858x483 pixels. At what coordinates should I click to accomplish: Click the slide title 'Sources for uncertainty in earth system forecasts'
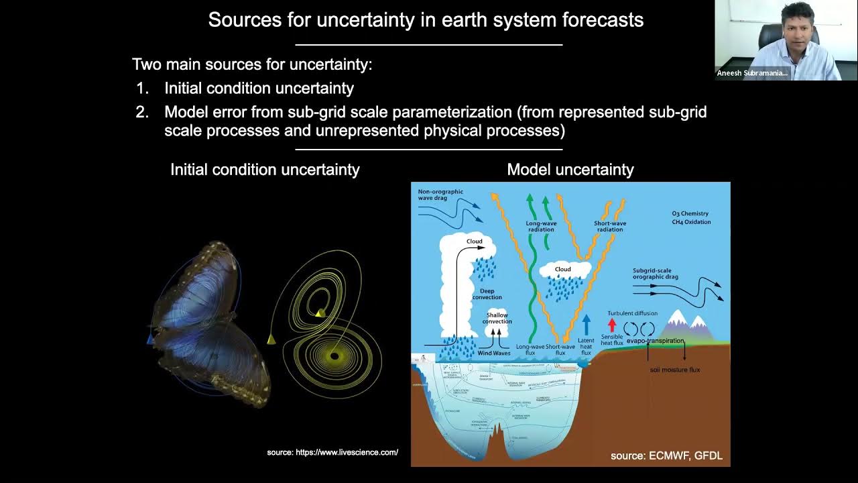click(426, 20)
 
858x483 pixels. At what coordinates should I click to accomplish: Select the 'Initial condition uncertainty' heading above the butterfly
click(265, 170)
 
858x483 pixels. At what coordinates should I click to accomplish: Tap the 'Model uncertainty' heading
click(570, 170)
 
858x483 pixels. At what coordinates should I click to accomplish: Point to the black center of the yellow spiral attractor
click(334, 356)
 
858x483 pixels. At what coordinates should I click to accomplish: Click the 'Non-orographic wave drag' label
click(440, 195)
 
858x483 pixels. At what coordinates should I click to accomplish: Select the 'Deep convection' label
click(487, 294)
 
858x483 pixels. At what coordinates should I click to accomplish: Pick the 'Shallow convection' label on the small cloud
click(497, 318)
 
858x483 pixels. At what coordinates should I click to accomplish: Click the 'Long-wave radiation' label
click(541, 226)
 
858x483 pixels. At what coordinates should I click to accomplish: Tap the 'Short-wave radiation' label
click(609, 226)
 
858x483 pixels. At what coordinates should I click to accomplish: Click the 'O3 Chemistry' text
click(690, 214)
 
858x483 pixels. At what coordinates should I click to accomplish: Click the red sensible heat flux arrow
click(611, 325)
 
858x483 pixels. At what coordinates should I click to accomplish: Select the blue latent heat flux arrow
click(587, 325)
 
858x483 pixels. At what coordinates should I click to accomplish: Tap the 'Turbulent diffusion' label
click(632, 313)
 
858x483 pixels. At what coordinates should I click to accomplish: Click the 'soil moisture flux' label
click(674, 370)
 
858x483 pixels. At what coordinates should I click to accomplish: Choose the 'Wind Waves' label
click(493, 353)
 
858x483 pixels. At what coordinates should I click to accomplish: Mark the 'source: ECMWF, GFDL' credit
click(666, 456)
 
